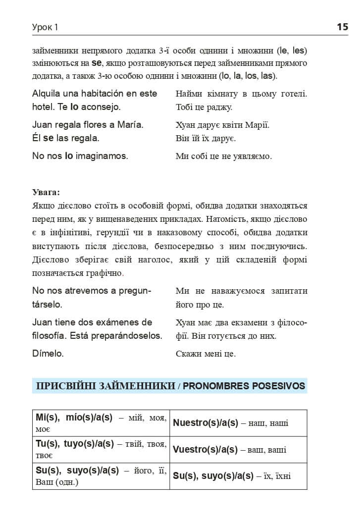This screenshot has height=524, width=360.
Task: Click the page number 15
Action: pos(343,27)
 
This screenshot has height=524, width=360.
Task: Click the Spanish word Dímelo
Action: pos(48,354)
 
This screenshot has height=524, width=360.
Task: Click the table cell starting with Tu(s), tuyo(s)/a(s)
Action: pos(101,449)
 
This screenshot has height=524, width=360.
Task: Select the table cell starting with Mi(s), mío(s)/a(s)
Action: pos(101,422)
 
